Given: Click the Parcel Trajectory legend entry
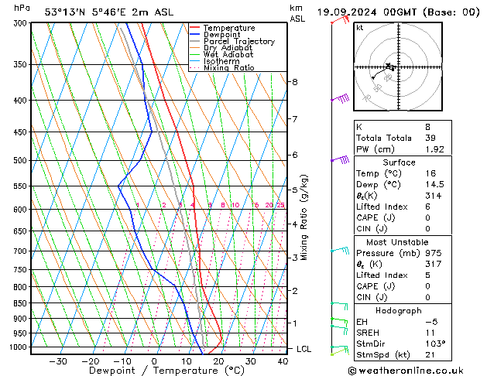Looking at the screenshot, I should tap(238, 41).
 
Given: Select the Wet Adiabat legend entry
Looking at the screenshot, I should tap(228, 54).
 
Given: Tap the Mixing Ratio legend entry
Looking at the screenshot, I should tap(229, 67).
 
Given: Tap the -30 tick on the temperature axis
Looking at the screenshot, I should tap(57, 361).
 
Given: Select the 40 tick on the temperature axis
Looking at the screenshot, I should tap(282, 361).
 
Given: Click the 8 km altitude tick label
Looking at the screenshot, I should tap(294, 82).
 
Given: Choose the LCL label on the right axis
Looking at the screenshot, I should tap(304, 349).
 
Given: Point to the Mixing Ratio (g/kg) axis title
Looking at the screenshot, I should tap(305, 217).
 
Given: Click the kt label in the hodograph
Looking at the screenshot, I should tap(360, 28).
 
